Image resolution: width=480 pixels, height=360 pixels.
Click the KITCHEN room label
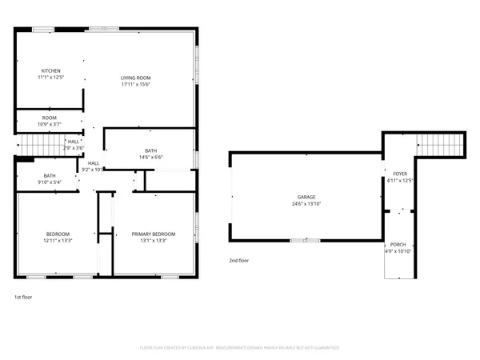pyautogui.click(x=50, y=70)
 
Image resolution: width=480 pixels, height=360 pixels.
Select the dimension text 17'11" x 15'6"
pyautogui.click(x=136, y=83)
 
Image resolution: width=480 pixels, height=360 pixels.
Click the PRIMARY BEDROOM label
pyautogui.click(x=154, y=234)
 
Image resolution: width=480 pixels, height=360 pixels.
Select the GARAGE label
pyautogui.click(x=306, y=197)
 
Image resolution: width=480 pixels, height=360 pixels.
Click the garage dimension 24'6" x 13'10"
pyautogui.click(x=306, y=203)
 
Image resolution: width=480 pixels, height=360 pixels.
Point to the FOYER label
pyautogui.click(x=398, y=174)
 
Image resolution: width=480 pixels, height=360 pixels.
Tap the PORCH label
pyautogui.click(x=398, y=245)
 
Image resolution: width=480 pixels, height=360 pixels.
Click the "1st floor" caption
pyautogui.click(x=23, y=297)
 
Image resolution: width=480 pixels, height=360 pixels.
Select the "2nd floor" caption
pyautogui.click(x=239, y=260)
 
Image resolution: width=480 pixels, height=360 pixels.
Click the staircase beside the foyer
pyautogui.click(x=442, y=146)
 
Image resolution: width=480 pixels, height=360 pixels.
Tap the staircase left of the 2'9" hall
pyautogui.click(x=34, y=145)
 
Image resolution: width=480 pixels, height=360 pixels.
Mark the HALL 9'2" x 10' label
pyautogui.click(x=92, y=166)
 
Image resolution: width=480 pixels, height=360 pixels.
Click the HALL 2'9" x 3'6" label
pyautogui.click(x=74, y=145)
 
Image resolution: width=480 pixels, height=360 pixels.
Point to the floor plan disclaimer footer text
pyautogui.click(x=240, y=347)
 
